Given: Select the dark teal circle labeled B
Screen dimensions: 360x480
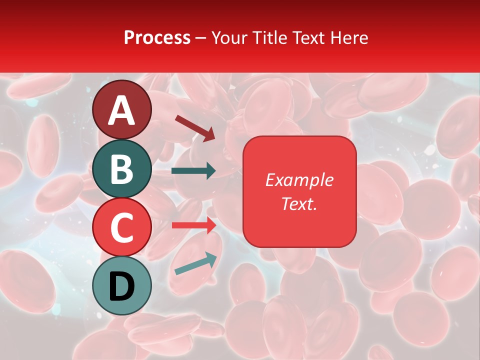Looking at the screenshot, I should pyautogui.click(x=122, y=169).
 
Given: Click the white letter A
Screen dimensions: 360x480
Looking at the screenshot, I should pyautogui.click(x=122, y=111).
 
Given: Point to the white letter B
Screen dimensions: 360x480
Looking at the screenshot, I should pyautogui.click(x=122, y=169).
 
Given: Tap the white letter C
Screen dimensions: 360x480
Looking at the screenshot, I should pyautogui.click(x=122, y=227).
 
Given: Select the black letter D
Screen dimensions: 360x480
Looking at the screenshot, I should pyautogui.click(x=122, y=286).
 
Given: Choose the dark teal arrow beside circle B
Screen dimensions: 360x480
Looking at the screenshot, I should pyautogui.click(x=193, y=171).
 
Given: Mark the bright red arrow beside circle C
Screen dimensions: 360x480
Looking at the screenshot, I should pyautogui.click(x=193, y=225).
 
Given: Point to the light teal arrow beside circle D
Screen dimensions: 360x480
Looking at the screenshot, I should pyautogui.click(x=195, y=263).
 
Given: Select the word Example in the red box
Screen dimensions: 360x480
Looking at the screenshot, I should pyautogui.click(x=299, y=180).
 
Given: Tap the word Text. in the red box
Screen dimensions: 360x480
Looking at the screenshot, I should pyautogui.click(x=299, y=203).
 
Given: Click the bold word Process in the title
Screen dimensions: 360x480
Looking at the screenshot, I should pyautogui.click(x=157, y=38).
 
